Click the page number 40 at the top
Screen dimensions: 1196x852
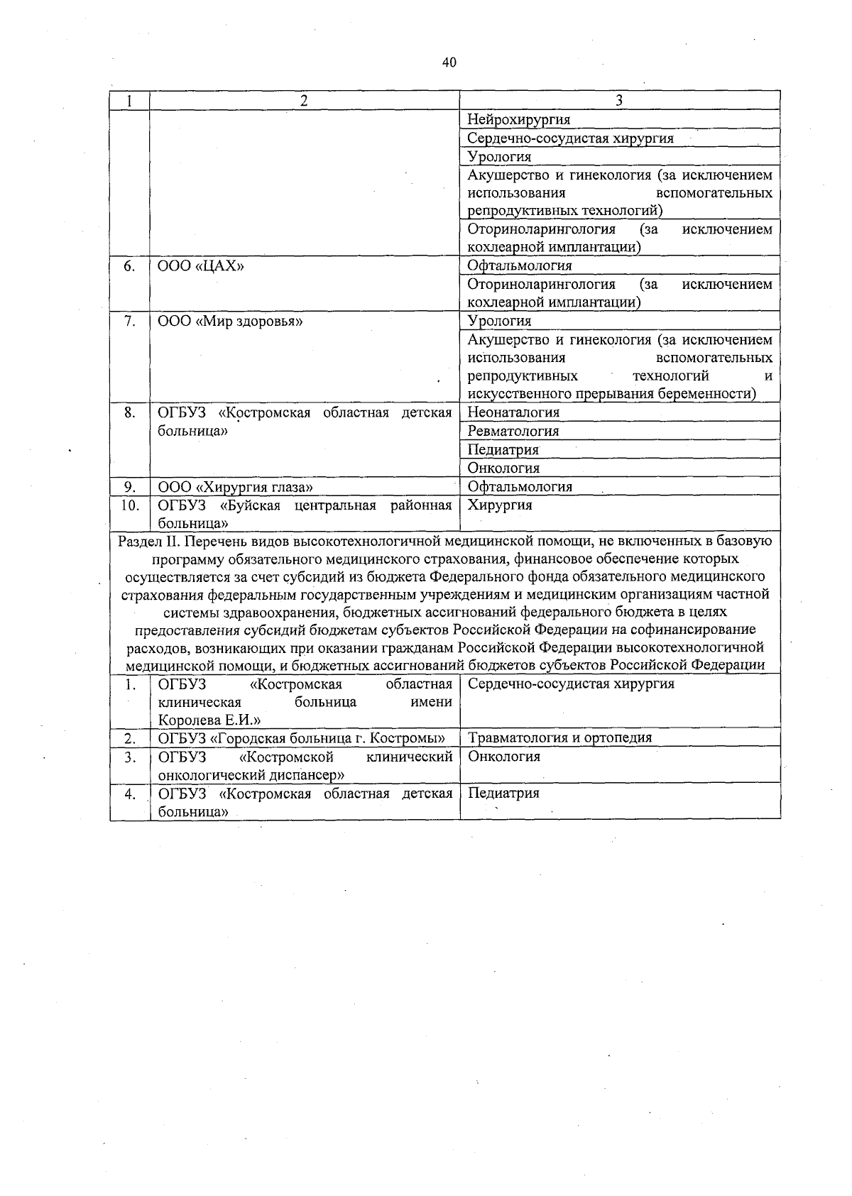pyautogui.click(x=449, y=62)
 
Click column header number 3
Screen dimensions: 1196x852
pyautogui.click(x=619, y=101)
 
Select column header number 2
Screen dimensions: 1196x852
pyautogui.click(x=304, y=101)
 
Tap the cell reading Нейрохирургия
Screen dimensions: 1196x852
pyautogui.click(x=519, y=119)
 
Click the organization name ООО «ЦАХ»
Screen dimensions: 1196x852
pyautogui.click(x=201, y=265)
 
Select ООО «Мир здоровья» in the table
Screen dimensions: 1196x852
pyautogui.click(x=230, y=321)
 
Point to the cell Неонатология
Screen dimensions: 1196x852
pyautogui.click(x=513, y=412)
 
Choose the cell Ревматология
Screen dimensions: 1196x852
pyautogui.click(x=513, y=431)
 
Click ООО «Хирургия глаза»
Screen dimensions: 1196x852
pyautogui.click(x=235, y=487)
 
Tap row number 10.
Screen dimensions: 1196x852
pyautogui.click(x=129, y=505)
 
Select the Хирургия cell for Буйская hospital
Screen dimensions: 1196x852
pyautogui.click(x=500, y=505)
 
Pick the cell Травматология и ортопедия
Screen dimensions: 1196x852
pyautogui.click(x=559, y=737)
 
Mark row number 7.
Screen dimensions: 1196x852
pyautogui.click(x=129, y=321)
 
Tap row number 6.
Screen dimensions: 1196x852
pyautogui.click(x=129, y=265)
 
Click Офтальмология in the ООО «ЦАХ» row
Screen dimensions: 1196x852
pyautogui.click(x=520, y=265)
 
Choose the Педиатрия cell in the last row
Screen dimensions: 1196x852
pyautogui.click(x=503, y=794)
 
